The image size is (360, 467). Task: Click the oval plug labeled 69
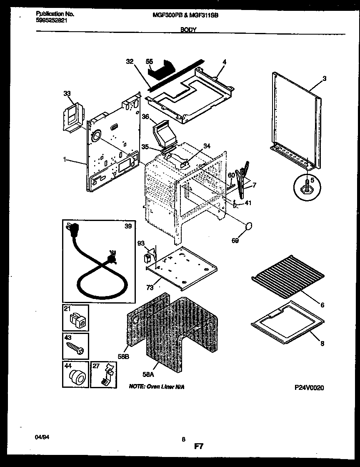click(249, 226)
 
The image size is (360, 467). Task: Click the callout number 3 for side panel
click(324, 78)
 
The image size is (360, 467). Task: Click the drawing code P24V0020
click(309, 387)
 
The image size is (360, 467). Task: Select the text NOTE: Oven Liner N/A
click(157, 387)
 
